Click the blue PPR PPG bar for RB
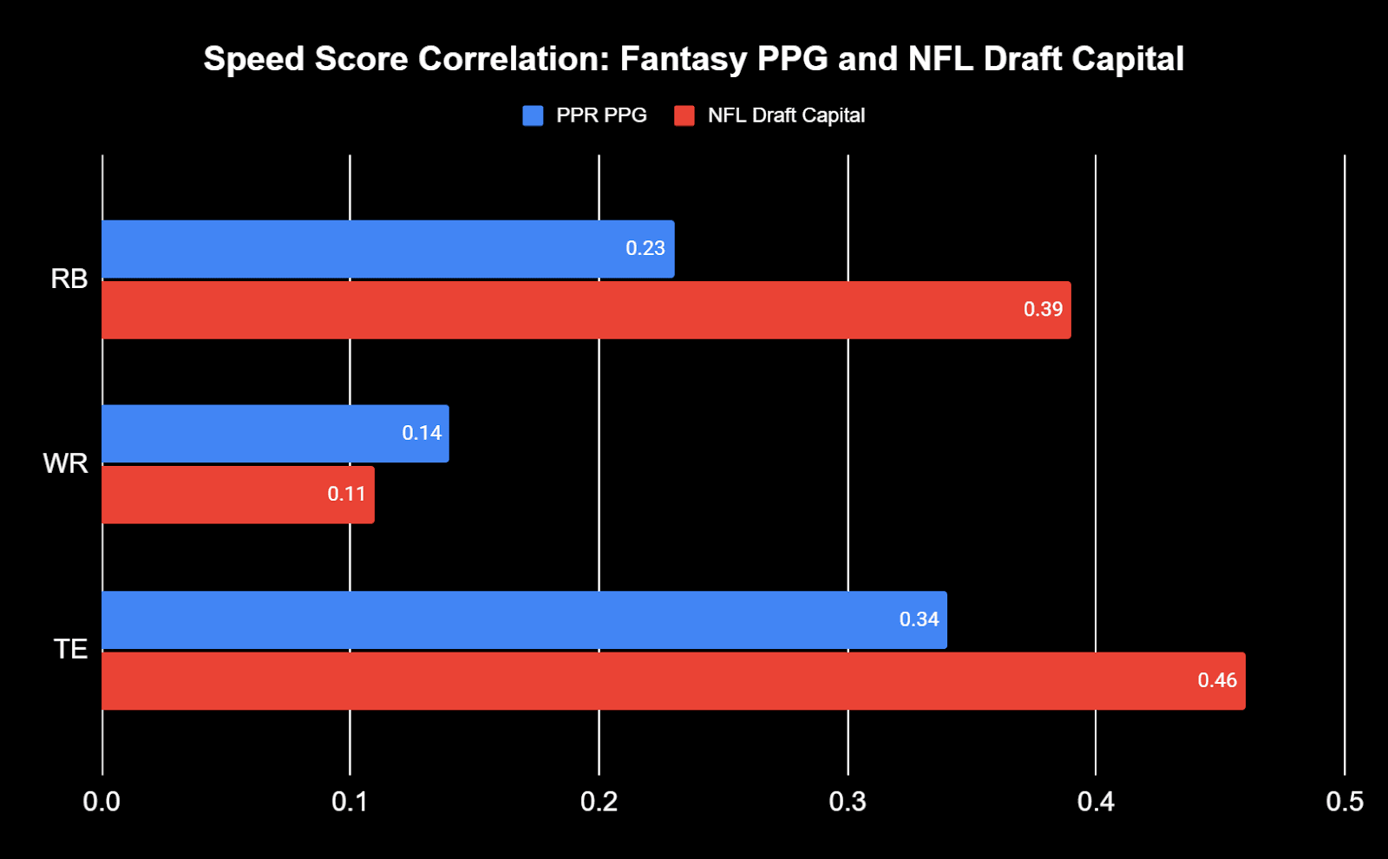(x=388, y=249)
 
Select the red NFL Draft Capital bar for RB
(x=586, y=310)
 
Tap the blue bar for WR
(x=275, y=434)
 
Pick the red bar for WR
(x=238, y=495)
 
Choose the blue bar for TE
(x=524, y=620)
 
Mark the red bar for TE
(x=673, y=681)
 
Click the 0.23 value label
(x=645, y=248)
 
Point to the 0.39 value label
(x=1043, y=310)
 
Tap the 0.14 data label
(x=422, y=433)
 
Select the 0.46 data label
(x=1217, y=680)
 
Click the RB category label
(x=69, y=279)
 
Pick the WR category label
(x=66, y=463)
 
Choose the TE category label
(x=70, y=649)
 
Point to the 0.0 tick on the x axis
(x=101, y=802)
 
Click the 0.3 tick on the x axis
(x=848, y=802)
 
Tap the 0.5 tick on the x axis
(x=1344, y=802)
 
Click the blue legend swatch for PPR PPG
(x=533, y=115)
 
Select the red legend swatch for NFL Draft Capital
(x=684, y=115)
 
